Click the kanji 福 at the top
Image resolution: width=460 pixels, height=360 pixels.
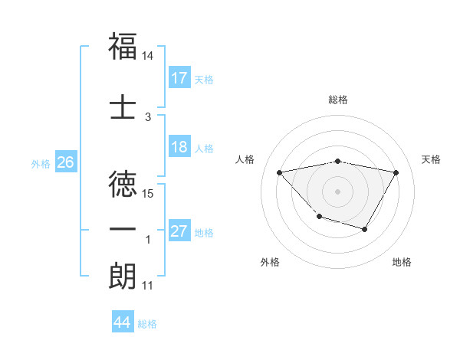pyautogui.click(x=123, y=46)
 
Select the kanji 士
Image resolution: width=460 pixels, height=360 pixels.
pyautogui.click(x=123, y=106)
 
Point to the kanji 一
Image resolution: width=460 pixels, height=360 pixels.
pyautogui.click(x=123, y=228)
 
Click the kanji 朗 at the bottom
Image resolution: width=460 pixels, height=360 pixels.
pyautogui.click(x=123, y=276)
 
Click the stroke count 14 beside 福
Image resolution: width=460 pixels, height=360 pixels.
pyautogui.click(x=148, y=57)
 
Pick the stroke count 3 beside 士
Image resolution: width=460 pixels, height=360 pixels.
pyautogui.click(x=148, y=117)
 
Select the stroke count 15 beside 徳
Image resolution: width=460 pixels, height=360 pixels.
pyautogui.click(x=148, y=193)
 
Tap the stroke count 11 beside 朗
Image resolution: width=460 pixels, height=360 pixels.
pyautogui.click(x=148, y=286)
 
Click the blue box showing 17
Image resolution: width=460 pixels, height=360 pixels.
pyautogui.click(x=179, y=78)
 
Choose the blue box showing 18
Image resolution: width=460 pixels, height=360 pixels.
pyautogui.click(x=179, y=148)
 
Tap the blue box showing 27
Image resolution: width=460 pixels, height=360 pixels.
pyautogui.click(x=179, y=232)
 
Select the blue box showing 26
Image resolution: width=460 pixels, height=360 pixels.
pyautogui.click(x=65, y=162)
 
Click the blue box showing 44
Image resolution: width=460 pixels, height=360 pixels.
pyautogui.click(x=122, y=322)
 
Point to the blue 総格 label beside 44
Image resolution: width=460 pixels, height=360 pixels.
pyautogui.click(x=147, y=324)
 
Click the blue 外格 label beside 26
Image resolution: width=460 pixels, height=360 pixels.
pyautogui.click(x=41, y=163)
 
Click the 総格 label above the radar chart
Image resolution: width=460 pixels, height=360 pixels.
pyautogui.click(x=338, y=100)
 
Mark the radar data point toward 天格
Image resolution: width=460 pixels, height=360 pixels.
pyautogui.click(x=396, y=172)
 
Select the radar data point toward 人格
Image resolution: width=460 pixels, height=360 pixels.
pyautogui.click(x=280, y=172)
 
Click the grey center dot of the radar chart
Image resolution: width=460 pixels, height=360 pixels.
pyautogui.click(x=337, y=191)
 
